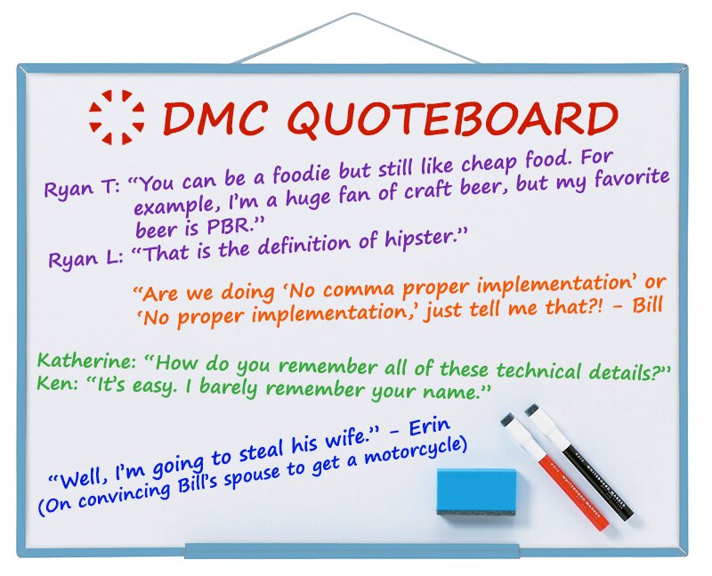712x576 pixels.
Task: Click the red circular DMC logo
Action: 117,118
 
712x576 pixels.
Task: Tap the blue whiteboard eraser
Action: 477,492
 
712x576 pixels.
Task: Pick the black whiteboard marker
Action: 579,462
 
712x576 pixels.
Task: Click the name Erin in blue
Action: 429,427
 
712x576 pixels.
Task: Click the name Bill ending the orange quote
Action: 648,304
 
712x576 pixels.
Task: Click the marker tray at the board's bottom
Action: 352,550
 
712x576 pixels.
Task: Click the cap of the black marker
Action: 534,411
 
